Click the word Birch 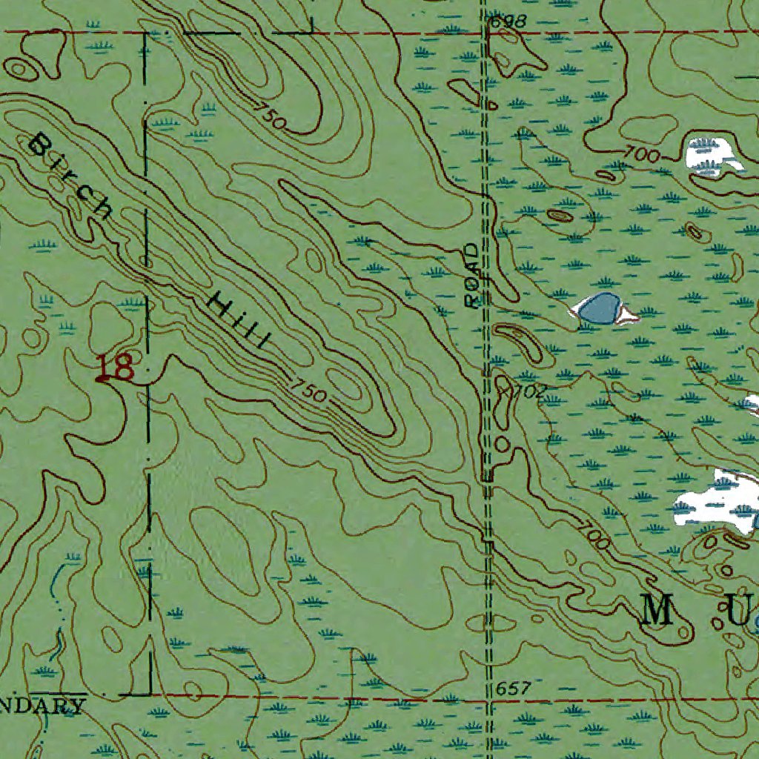pyautogui.click(x=71, y=175)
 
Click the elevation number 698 pyautogui.click(x=508, y=21)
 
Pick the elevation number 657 pyautogui.click(x=513, y=689)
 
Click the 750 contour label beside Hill pyautogui.click(x=307, y=391)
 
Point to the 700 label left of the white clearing pyautogui.click(x=642, y=155)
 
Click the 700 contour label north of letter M pyautogui.click(x=593, y=537)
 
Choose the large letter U pyautogui.click(x=737, y=613)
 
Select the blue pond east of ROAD pyautogui.click(x=599, y=308)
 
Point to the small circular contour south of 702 pyautogui.click(x=503, y=444)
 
